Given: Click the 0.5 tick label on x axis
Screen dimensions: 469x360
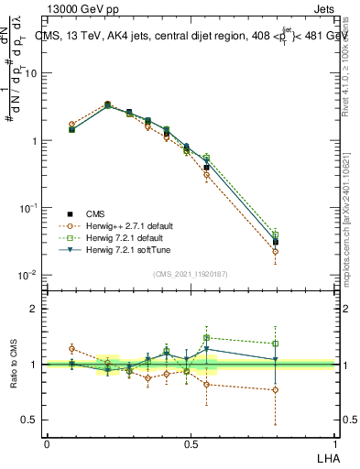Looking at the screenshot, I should (x=191, y=442).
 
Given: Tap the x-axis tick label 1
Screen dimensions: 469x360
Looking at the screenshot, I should (x=334, y=442).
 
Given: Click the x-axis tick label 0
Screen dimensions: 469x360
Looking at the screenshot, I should (x=47, y=442).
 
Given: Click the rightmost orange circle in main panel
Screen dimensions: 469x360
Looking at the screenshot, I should (x=276, y=251).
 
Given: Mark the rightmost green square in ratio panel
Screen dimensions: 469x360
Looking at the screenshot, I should (x=276, y=344).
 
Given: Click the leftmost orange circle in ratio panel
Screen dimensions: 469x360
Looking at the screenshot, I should (x=71, y=349).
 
